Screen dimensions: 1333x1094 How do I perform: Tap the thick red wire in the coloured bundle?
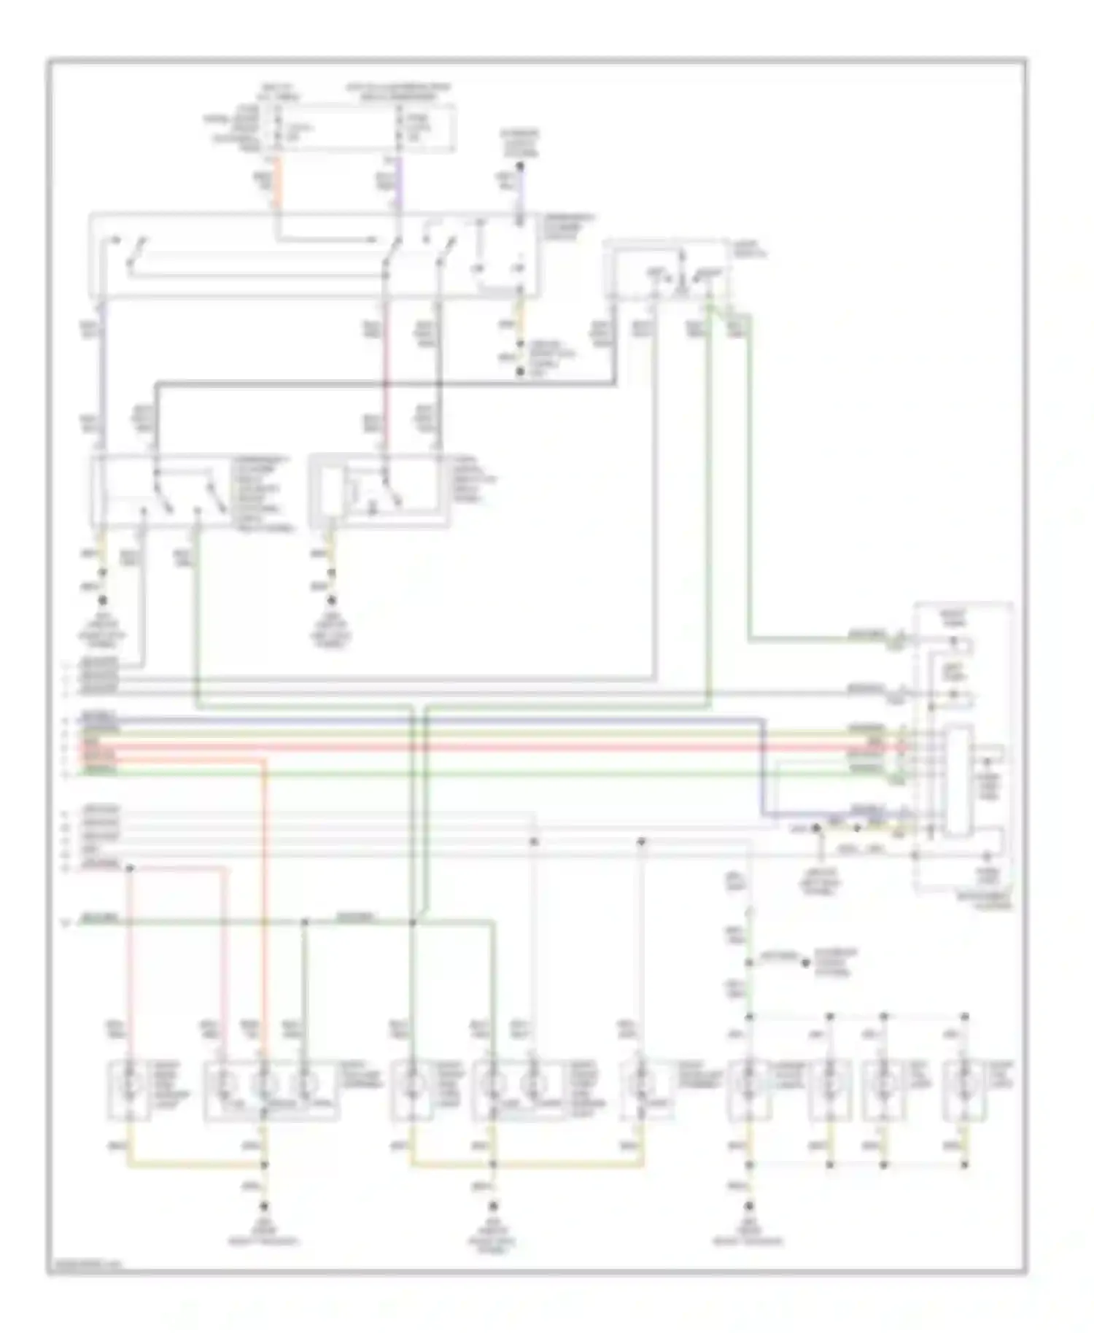pos(511,747)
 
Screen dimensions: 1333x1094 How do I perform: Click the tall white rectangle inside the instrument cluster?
pos(958,780)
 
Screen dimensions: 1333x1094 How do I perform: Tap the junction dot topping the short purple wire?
pos(520,167)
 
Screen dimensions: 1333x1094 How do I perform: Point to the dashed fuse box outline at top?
pos(361,128)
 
